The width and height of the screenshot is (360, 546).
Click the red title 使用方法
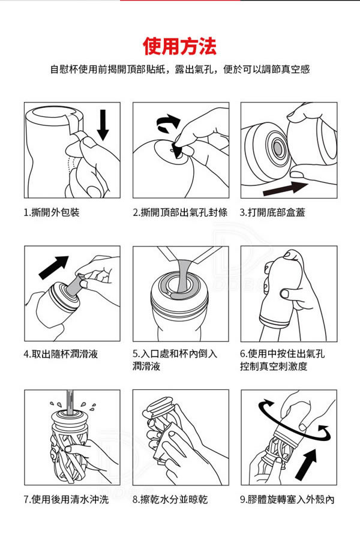[179, 47]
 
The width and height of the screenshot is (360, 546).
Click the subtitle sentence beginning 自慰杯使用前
[180, 69]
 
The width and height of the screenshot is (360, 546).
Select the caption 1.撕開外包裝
[52, 212]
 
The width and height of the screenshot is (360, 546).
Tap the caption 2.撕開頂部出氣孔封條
[181, 212]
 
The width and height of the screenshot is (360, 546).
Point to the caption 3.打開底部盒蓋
[272, 212]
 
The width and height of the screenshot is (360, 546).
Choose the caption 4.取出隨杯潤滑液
[61, 354]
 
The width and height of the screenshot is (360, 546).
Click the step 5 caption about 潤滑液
[175, 360]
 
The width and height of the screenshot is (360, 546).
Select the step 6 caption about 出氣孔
[283, 360]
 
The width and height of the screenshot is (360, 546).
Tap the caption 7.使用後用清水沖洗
[66, 500]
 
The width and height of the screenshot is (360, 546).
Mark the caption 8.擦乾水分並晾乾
[170, 500]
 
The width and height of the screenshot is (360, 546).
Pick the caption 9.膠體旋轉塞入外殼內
[287, 500]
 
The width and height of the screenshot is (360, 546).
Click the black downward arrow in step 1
[103, 125]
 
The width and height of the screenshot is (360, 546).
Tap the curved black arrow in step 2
[168, 124]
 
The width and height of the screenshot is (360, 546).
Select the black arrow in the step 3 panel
[285, 188]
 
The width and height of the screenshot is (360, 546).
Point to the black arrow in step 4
[53, 268]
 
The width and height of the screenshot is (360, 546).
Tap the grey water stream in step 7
[70, 402]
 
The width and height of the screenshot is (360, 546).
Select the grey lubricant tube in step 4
[75, 286]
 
